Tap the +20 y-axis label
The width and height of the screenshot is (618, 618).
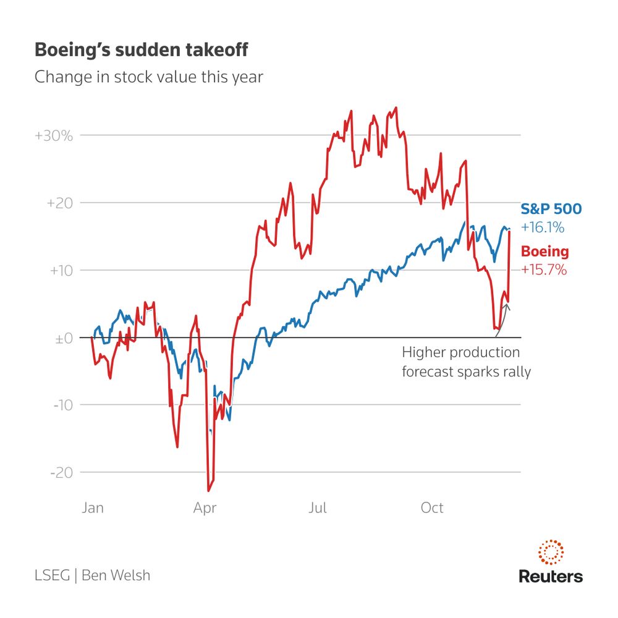(59, 203)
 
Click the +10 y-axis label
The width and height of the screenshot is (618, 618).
(59, 270)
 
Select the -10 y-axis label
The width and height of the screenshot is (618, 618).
(61, 405)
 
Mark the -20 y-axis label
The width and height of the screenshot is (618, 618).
(61, 473)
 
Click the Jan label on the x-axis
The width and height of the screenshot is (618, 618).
(93, 508)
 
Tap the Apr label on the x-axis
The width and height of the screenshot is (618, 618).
(205, 508)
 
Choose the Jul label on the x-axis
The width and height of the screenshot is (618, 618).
(317, 508)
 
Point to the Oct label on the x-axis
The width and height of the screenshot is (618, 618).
(432, 508)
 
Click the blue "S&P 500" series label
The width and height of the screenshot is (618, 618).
(551, 209)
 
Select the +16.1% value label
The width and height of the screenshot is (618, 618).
(543, 227)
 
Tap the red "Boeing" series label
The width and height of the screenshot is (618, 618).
(544, 252)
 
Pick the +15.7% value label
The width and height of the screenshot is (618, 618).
(544, 270)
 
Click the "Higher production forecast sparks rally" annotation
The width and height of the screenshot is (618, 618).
(466, 362)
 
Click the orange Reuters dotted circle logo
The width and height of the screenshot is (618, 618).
(551, 551)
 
